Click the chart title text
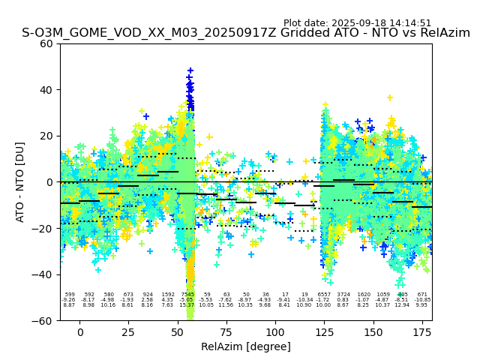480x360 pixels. tap(246, 33)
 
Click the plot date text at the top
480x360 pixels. tap(357, 23)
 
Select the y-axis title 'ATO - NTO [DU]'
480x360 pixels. tap(20, 182)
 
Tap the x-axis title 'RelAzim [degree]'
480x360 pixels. tap(246, 346)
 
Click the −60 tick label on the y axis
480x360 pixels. tap(44, 320)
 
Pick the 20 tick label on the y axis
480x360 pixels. tap(47, 136)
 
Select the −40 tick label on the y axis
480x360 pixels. tap(44, 274)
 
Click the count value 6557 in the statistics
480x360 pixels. tap(324, 295)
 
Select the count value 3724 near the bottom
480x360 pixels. tap(343, 295)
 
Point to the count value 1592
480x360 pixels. tap(168, 295)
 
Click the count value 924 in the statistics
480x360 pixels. tap(148, 295)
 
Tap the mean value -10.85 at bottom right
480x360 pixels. tap(422, 300)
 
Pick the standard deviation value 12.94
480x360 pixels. tap(403, 305)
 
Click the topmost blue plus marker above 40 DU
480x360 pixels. tap(190, 70)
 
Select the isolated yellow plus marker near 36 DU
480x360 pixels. tap(389, 97)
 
